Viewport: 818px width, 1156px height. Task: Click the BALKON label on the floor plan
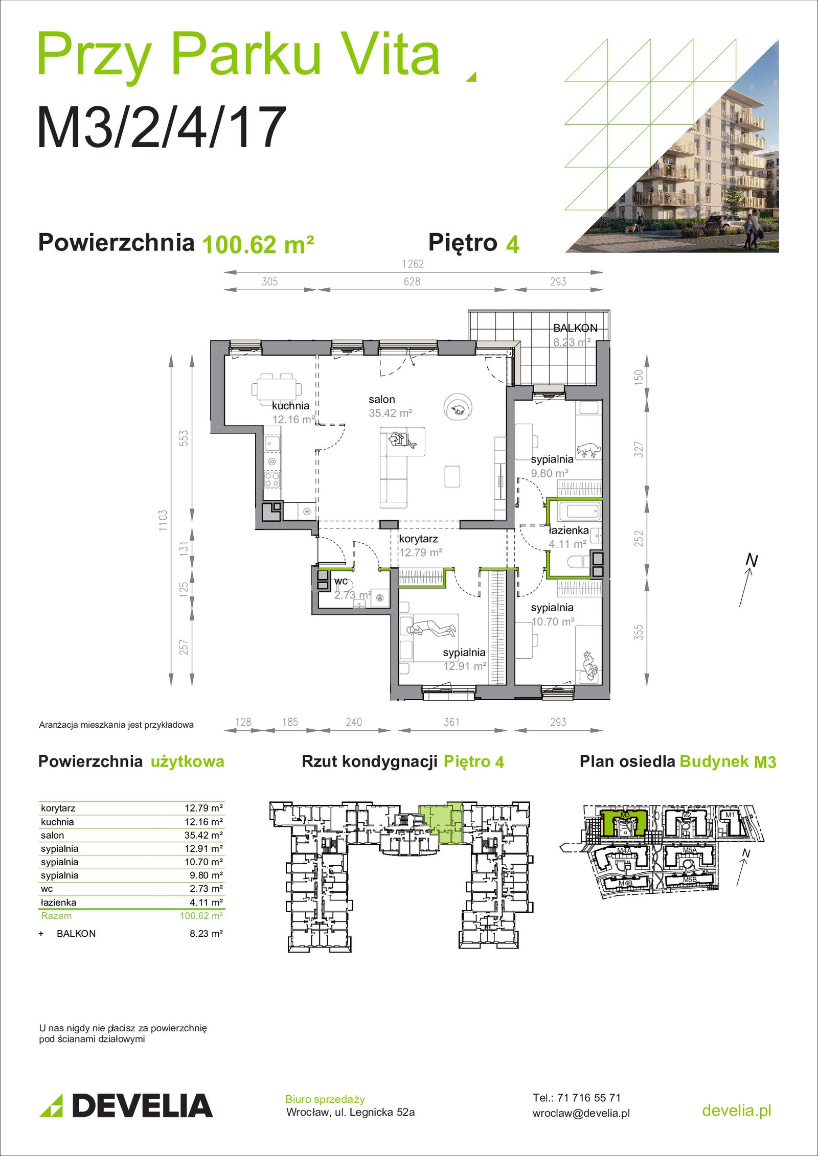(x=575, y=328)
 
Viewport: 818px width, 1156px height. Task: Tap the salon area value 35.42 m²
(x=391, y=413)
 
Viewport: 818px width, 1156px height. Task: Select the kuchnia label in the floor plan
(x=290, y=405)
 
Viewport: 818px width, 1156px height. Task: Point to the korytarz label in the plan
(x=418, y=539)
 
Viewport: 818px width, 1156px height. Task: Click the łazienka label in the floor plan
(x=569, y=530)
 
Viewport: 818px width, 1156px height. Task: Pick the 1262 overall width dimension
(x=413, y=264)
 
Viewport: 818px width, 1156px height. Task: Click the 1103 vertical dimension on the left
(x=163, y=520)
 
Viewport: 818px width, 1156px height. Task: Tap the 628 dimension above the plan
(x=412, y=282)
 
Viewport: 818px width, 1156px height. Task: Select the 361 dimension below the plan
(x=451, y=722)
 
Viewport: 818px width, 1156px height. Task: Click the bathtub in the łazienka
(x=579, y=511)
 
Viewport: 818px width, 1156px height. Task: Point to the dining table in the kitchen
(x=277, y=387)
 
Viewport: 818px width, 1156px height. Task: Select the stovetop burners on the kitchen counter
(x=272, y=479)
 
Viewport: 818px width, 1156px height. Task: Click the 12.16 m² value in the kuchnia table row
(x=203, y=822)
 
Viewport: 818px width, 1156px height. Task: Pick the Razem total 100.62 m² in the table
(x=201, y=916)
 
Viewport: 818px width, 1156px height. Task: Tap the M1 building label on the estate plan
(x=730, y=815)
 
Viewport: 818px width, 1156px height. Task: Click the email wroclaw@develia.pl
(x=581, y=1114)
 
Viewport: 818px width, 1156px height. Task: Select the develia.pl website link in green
(x=737, y=1110)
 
